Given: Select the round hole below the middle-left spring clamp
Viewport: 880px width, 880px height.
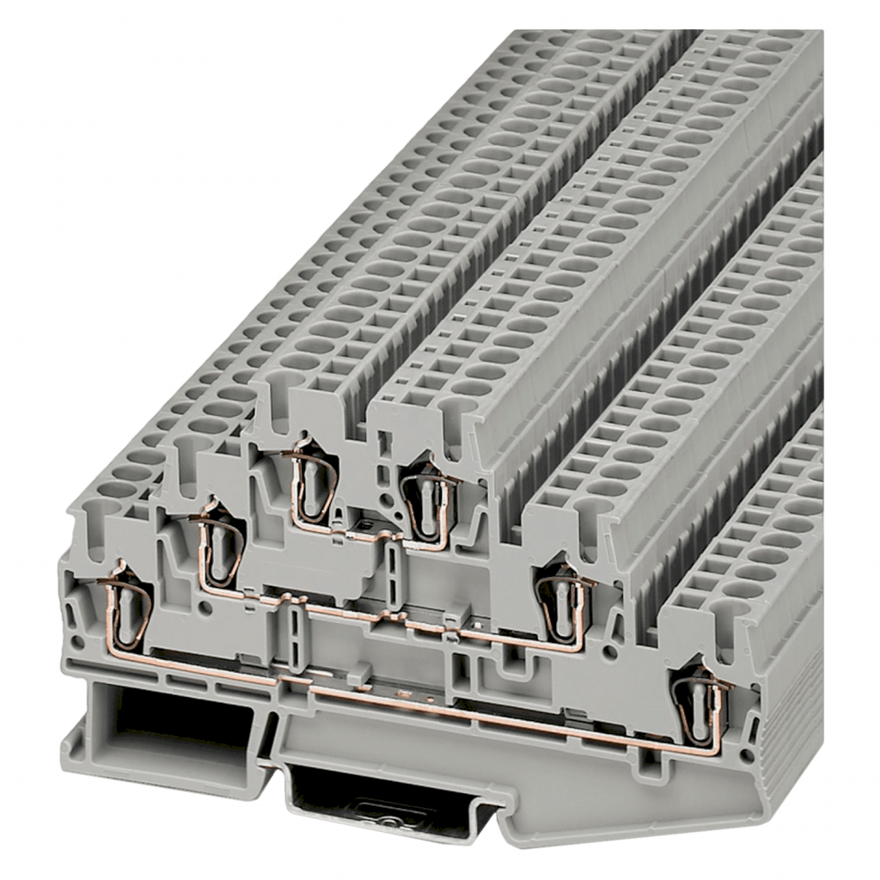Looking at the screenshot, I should pyautogui.click(x=205, y=607).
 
